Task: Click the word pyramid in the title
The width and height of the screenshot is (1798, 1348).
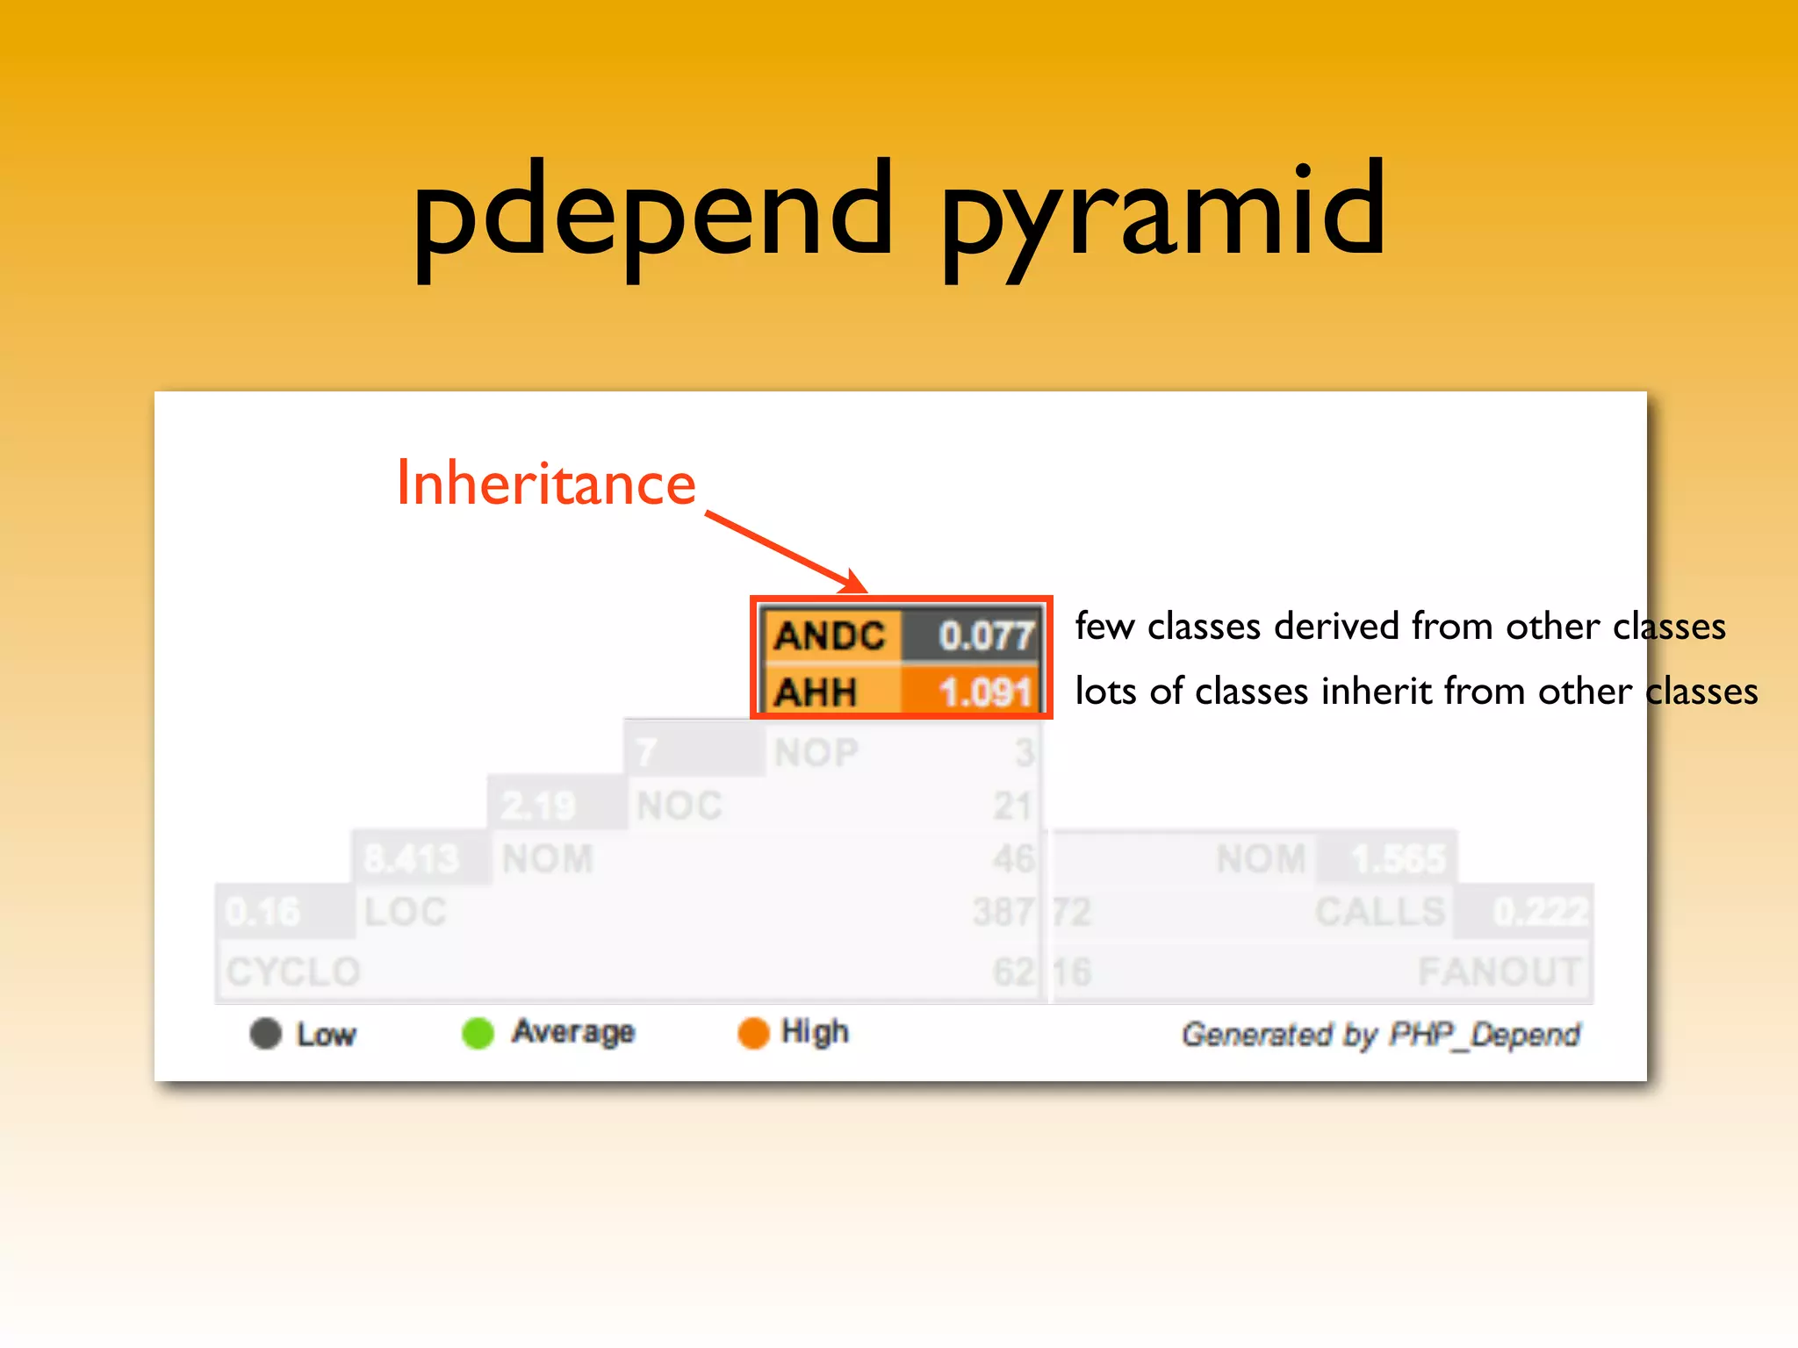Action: click(1163, 215)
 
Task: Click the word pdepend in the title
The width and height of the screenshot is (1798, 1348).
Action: click(652, 215)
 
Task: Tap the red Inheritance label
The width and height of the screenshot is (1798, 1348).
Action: click(546, 484)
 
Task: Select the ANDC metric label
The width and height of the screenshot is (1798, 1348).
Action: click(830, 635)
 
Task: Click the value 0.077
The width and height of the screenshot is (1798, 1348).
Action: click(985, 635)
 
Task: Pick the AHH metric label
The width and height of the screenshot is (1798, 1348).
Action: click(816, 692)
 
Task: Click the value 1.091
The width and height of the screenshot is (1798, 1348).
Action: click(985, 692)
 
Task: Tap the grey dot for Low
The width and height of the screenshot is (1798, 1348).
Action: click(265, 1033)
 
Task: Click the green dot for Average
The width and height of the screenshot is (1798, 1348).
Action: click(478, 1033)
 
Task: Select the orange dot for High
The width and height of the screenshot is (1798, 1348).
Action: click(753, 1033)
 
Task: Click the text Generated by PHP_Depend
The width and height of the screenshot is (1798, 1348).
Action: click(1380, 1035)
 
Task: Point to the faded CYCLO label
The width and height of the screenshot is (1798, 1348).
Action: click(293, 972)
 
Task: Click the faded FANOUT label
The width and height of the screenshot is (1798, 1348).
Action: click(1499, 972)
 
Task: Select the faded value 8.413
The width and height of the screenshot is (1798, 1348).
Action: click(411, 858)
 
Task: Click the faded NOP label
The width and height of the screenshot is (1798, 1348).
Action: click(816, 753)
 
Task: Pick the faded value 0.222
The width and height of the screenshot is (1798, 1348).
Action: click(1541, 912)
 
